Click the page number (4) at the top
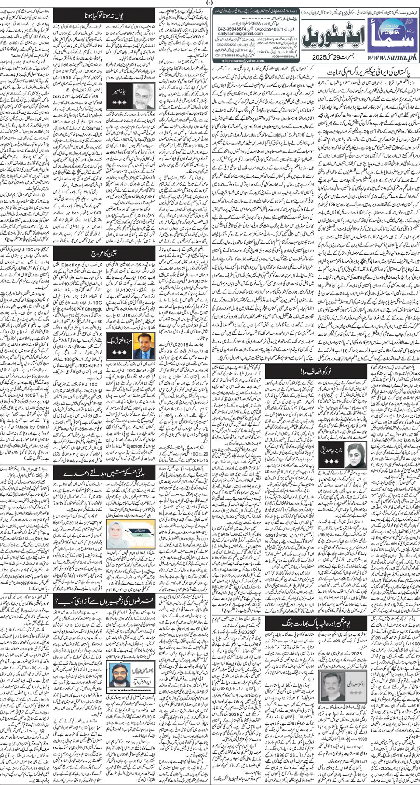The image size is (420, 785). click(210, 4)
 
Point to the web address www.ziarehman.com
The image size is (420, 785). click(123, 690)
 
